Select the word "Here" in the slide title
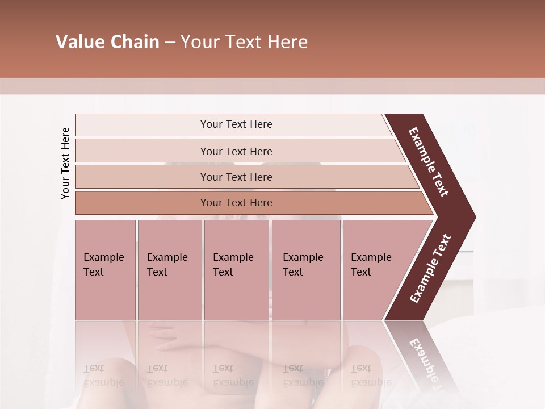point(287,42)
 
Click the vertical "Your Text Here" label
point(65,164)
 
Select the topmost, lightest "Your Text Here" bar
point(236,124)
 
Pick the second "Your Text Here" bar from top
point(236,151)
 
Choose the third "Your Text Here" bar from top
point(236,177)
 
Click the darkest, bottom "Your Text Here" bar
point(236,203)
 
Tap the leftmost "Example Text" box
point(105,270)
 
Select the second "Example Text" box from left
point(169,270)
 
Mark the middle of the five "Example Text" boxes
point(236,270)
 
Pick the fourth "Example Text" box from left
point(306,270)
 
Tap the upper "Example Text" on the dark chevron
point(429,162)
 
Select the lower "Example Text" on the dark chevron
point(430,269)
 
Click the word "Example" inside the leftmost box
point(103,257)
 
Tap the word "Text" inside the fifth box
point(360,272)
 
